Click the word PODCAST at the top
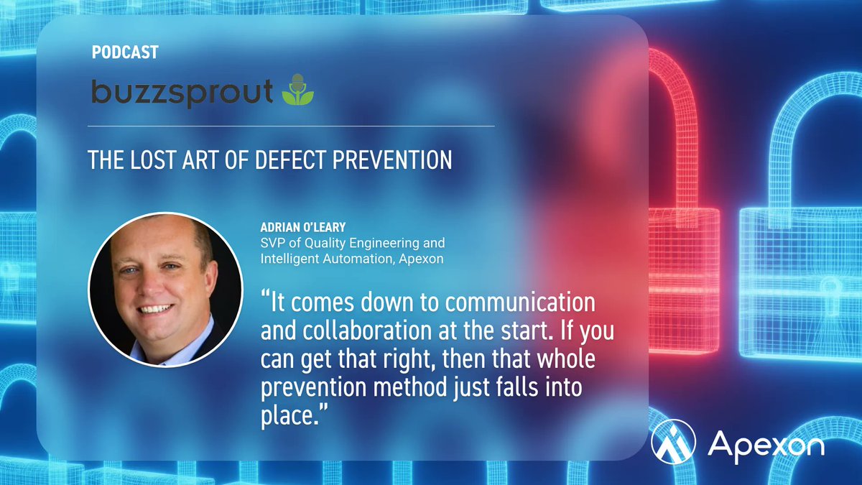125,52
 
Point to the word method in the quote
423,387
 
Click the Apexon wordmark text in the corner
765,445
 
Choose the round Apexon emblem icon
673,442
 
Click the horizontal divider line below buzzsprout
291,126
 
